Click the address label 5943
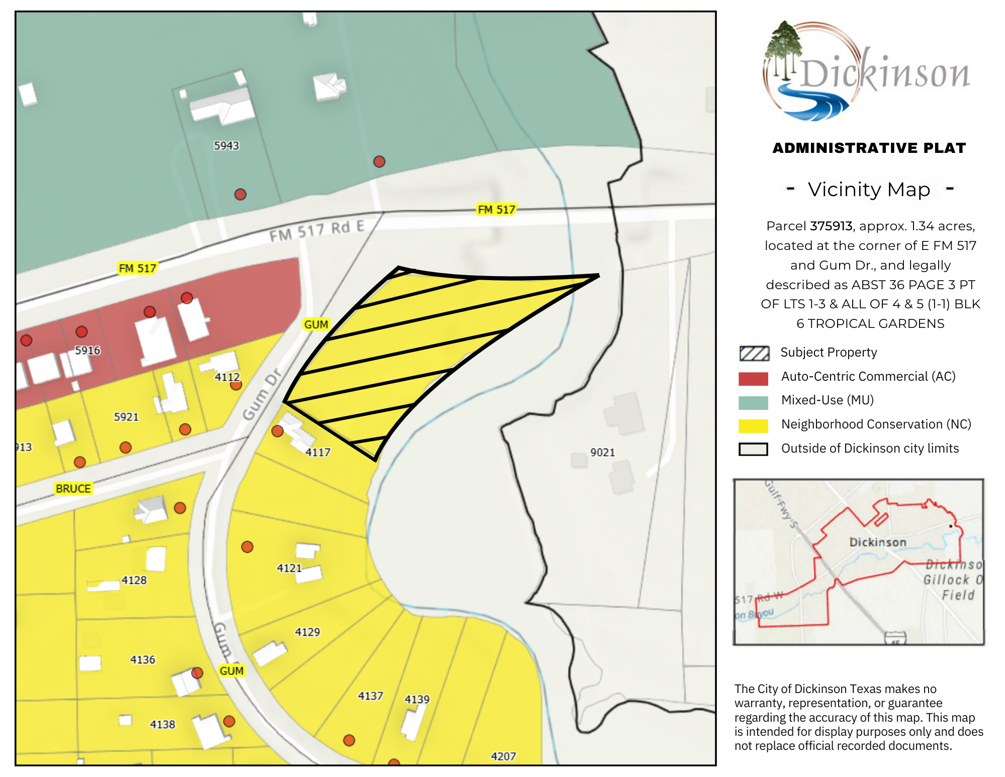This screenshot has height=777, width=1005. (226, 146)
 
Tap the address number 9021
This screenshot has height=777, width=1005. (602, 452)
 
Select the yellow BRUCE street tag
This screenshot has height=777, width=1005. (73, 488)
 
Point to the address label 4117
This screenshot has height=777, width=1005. (318, 452)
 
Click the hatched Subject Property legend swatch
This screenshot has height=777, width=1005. (754, 353)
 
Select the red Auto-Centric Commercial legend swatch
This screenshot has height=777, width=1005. (753, 378)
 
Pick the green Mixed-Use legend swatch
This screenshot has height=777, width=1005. (753, 402)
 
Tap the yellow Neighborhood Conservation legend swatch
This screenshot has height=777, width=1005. (753, 425)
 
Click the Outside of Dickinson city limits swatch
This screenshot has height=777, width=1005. (753, 449)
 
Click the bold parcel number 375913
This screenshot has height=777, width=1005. (831, 226)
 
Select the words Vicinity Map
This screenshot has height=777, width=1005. (869, 190)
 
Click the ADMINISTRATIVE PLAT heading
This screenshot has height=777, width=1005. (869, 148)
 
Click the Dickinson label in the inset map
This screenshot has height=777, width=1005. (877, 542)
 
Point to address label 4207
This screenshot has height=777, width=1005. (503, 756)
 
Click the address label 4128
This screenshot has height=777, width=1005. (134, 580)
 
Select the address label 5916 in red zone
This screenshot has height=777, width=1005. (87, 350)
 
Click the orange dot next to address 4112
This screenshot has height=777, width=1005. (236, 385)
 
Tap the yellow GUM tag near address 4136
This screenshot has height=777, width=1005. (231, 670)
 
